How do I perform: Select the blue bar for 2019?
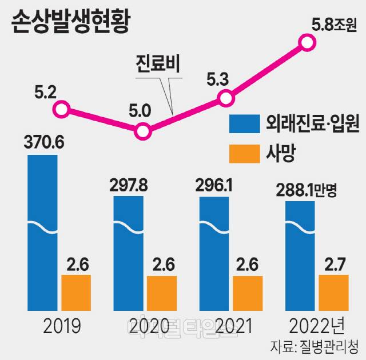click(42, 229)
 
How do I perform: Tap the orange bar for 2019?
click(75, 293)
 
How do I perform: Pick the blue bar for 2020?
click(128, 251)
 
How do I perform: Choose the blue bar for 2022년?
click(300, 254)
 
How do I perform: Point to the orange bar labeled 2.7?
click(333, 293)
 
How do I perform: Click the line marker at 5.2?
click(62, 108)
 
